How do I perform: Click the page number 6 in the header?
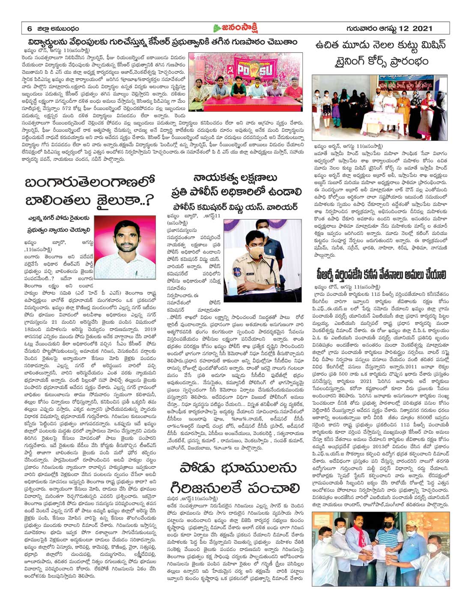click(x=30, y=29)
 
